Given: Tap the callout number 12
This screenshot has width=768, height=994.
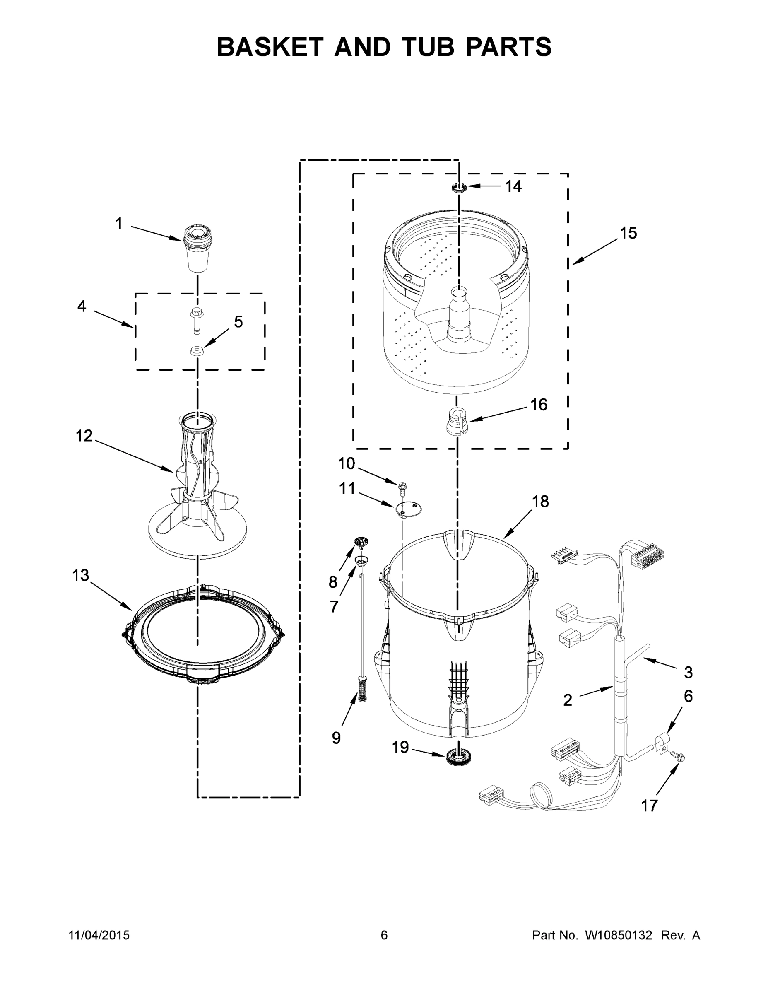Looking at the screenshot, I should pos(84,436).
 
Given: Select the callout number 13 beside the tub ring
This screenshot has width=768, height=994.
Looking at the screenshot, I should pos(81,575).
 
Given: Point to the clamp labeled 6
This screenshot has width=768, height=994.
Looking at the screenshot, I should pos(661,745).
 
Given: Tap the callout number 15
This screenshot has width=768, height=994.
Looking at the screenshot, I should pos(628,233).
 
